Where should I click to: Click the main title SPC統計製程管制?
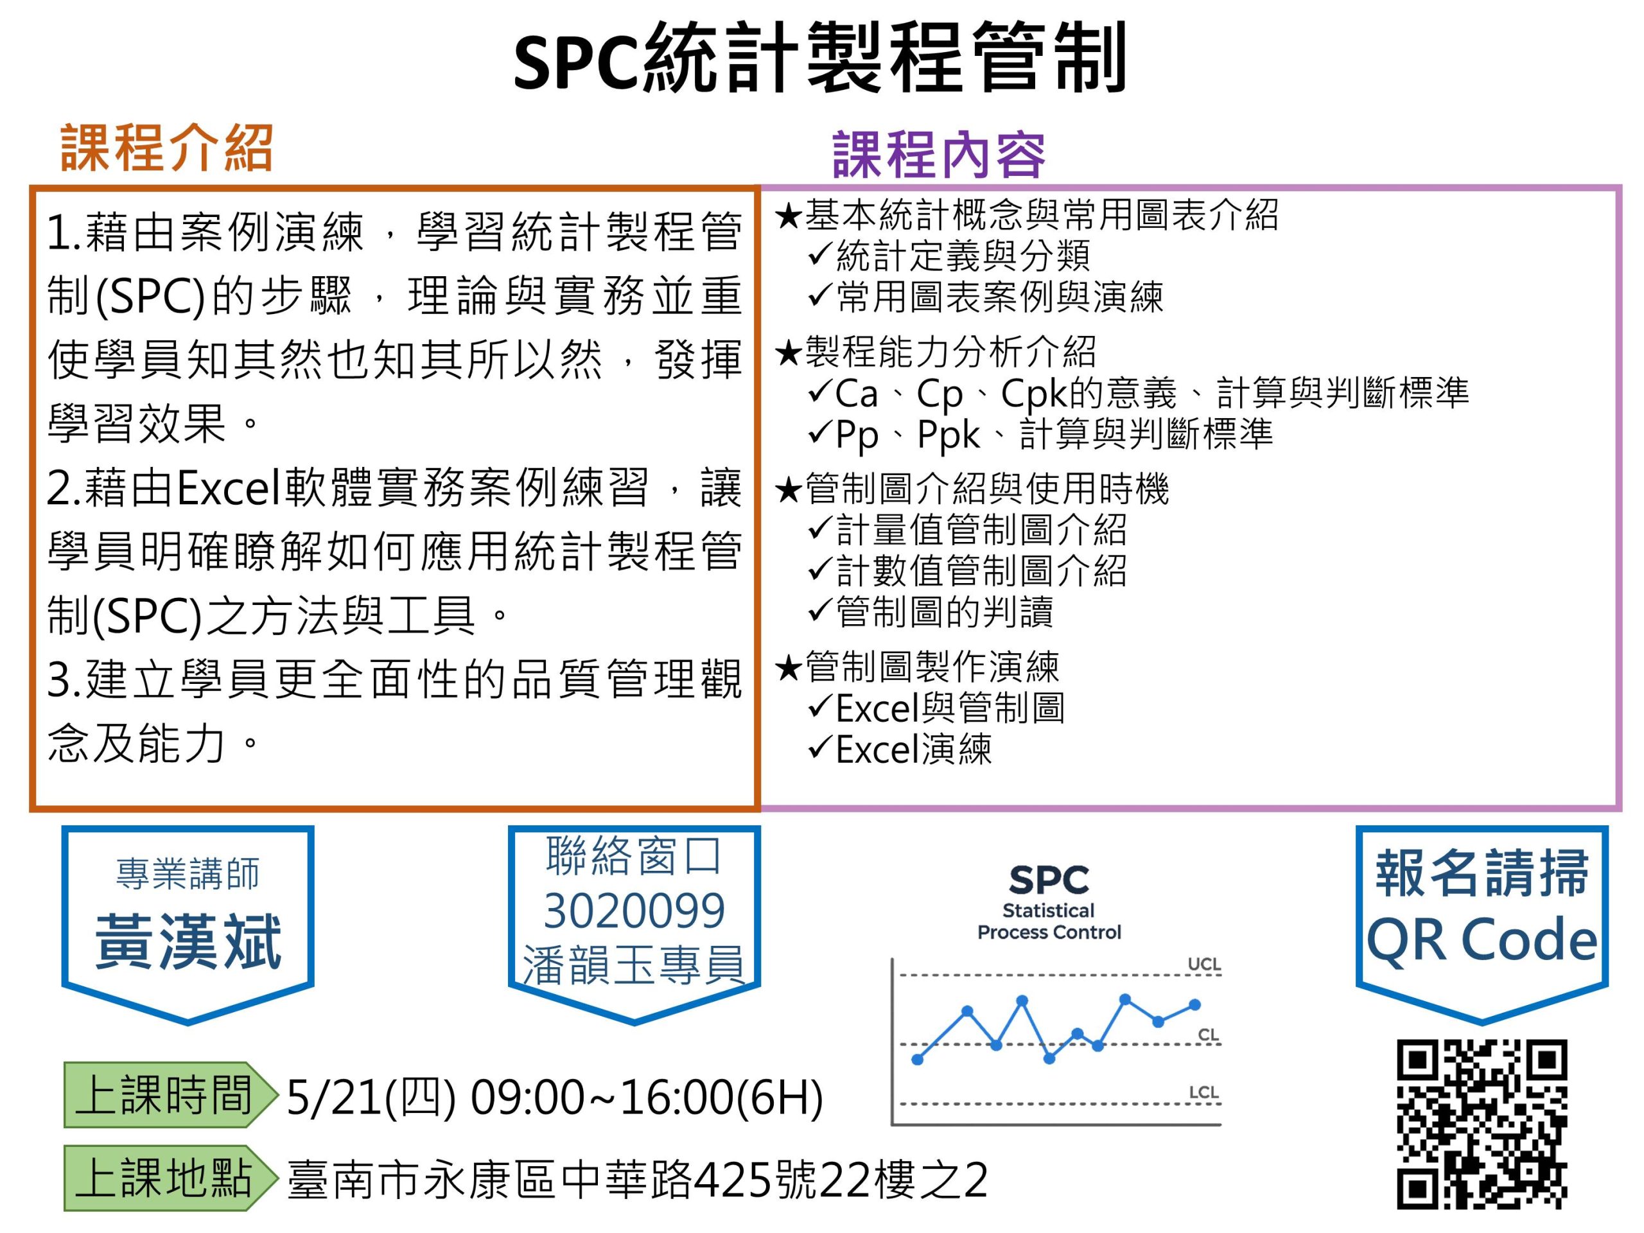click(820, 58)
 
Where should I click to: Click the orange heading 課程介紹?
click(166, 148)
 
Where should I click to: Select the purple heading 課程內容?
click(939, 155)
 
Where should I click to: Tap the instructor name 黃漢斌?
click(188, 941)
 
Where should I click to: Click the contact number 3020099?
click(634, 911)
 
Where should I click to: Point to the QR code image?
click(1482, 1124)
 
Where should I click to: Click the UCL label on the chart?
click(1204, 964)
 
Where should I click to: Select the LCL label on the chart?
click(1204, 1092)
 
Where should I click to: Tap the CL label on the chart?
click(1209, 1035)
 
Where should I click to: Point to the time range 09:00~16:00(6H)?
click(647, 1097)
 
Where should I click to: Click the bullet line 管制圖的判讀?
click(944, 611)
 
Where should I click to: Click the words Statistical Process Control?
click(1049, 922)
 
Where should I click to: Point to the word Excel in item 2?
click(230, 488)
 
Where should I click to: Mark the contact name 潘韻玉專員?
click(633, 965)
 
